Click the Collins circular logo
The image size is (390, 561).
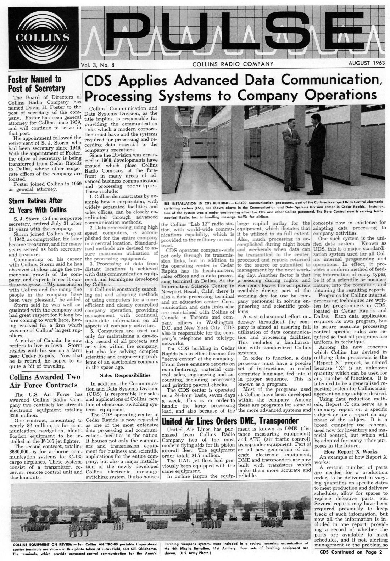pos(42,37)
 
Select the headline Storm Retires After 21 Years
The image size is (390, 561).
pos(38,205)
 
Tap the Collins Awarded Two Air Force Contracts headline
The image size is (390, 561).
pos(42,381)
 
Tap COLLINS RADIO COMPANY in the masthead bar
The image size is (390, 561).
pos(233,64)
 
